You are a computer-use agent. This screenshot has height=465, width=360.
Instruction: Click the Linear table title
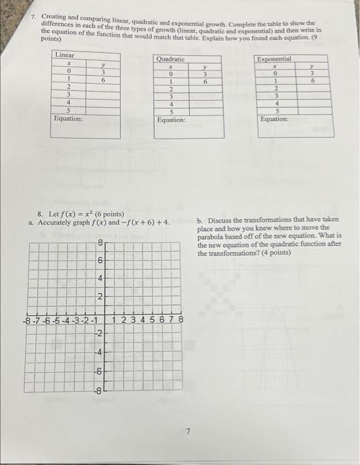coord(65,54)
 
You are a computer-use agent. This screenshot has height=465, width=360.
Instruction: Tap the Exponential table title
coord(274,59)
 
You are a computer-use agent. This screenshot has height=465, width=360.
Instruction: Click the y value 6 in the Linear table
coord(103,79)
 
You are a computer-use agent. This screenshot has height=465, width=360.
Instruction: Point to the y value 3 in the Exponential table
coord(311,74)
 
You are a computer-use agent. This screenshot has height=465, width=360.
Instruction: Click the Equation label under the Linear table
coord(68,118)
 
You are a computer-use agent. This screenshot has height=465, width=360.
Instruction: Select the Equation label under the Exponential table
coord(275,119)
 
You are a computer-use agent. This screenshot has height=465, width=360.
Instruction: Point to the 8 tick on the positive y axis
coord(100,243)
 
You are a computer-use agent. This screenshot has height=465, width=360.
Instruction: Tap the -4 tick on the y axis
coord(98,352)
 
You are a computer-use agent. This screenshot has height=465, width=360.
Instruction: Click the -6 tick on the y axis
coord(98,371)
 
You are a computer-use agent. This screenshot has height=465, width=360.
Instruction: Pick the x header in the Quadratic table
coord(171,67)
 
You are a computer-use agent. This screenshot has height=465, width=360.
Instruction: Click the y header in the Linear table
coord(103,64)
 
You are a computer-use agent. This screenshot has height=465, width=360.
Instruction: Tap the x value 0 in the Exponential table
coord(275,74)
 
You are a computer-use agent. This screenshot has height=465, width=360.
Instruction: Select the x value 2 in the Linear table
coord(68,86)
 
